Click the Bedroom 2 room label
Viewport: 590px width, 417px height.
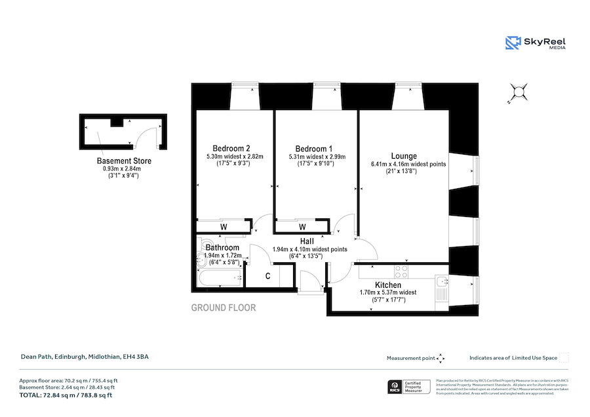click(x=231, y=148)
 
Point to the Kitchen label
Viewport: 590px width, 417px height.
click(x=388, y=285)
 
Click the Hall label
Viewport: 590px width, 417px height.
click(x=306, y=241)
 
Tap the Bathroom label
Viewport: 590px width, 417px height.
click(x=222, y=247)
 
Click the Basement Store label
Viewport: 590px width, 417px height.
click(x=124, y=161)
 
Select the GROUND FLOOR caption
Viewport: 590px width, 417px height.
click(x=223, y=308)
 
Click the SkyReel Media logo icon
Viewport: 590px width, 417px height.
click(x=512, y=43)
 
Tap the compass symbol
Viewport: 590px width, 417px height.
click(x=519, y=92)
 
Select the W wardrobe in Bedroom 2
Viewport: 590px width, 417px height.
click(x=224, y=227)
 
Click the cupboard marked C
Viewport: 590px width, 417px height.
click(x=267, y=276)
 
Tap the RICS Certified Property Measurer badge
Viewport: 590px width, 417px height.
click(x=407, y=387)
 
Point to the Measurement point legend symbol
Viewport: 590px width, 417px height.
click(x=441, y=358)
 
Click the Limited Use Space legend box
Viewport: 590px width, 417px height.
click(x=564, y=357)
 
